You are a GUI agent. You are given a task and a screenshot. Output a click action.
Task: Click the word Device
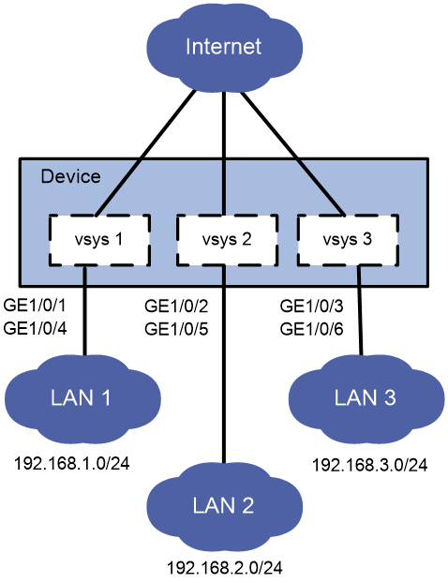pos(70,176)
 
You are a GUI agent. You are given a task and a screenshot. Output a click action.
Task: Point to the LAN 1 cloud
pos(82,398)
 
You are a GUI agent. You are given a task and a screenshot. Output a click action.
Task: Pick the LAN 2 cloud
pos(225,506)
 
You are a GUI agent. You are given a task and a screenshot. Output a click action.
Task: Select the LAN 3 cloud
pos(366,398)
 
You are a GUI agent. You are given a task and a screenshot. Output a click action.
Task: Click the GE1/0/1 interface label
pos(35,306)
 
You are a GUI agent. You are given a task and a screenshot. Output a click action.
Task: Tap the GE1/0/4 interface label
pos(35,329)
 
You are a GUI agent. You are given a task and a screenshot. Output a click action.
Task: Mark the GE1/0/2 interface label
pos(176,306)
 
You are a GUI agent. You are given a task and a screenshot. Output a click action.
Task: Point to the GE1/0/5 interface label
pos(176,329)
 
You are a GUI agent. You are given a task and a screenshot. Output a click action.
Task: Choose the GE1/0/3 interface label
pos(311,306)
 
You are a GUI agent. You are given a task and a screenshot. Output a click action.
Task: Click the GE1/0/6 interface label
pos(311,329)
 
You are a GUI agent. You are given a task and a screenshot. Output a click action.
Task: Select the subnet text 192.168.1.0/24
pos(72,464)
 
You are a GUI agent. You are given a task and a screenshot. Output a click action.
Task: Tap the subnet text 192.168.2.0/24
pos(225,568)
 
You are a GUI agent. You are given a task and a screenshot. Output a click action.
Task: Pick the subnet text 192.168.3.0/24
pos(369,465)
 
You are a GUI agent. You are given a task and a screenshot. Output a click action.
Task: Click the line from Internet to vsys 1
pos(145,153)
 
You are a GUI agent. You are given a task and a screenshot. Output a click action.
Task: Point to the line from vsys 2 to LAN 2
pos(224,365)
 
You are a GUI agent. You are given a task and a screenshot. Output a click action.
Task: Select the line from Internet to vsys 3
pos(292,153)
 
